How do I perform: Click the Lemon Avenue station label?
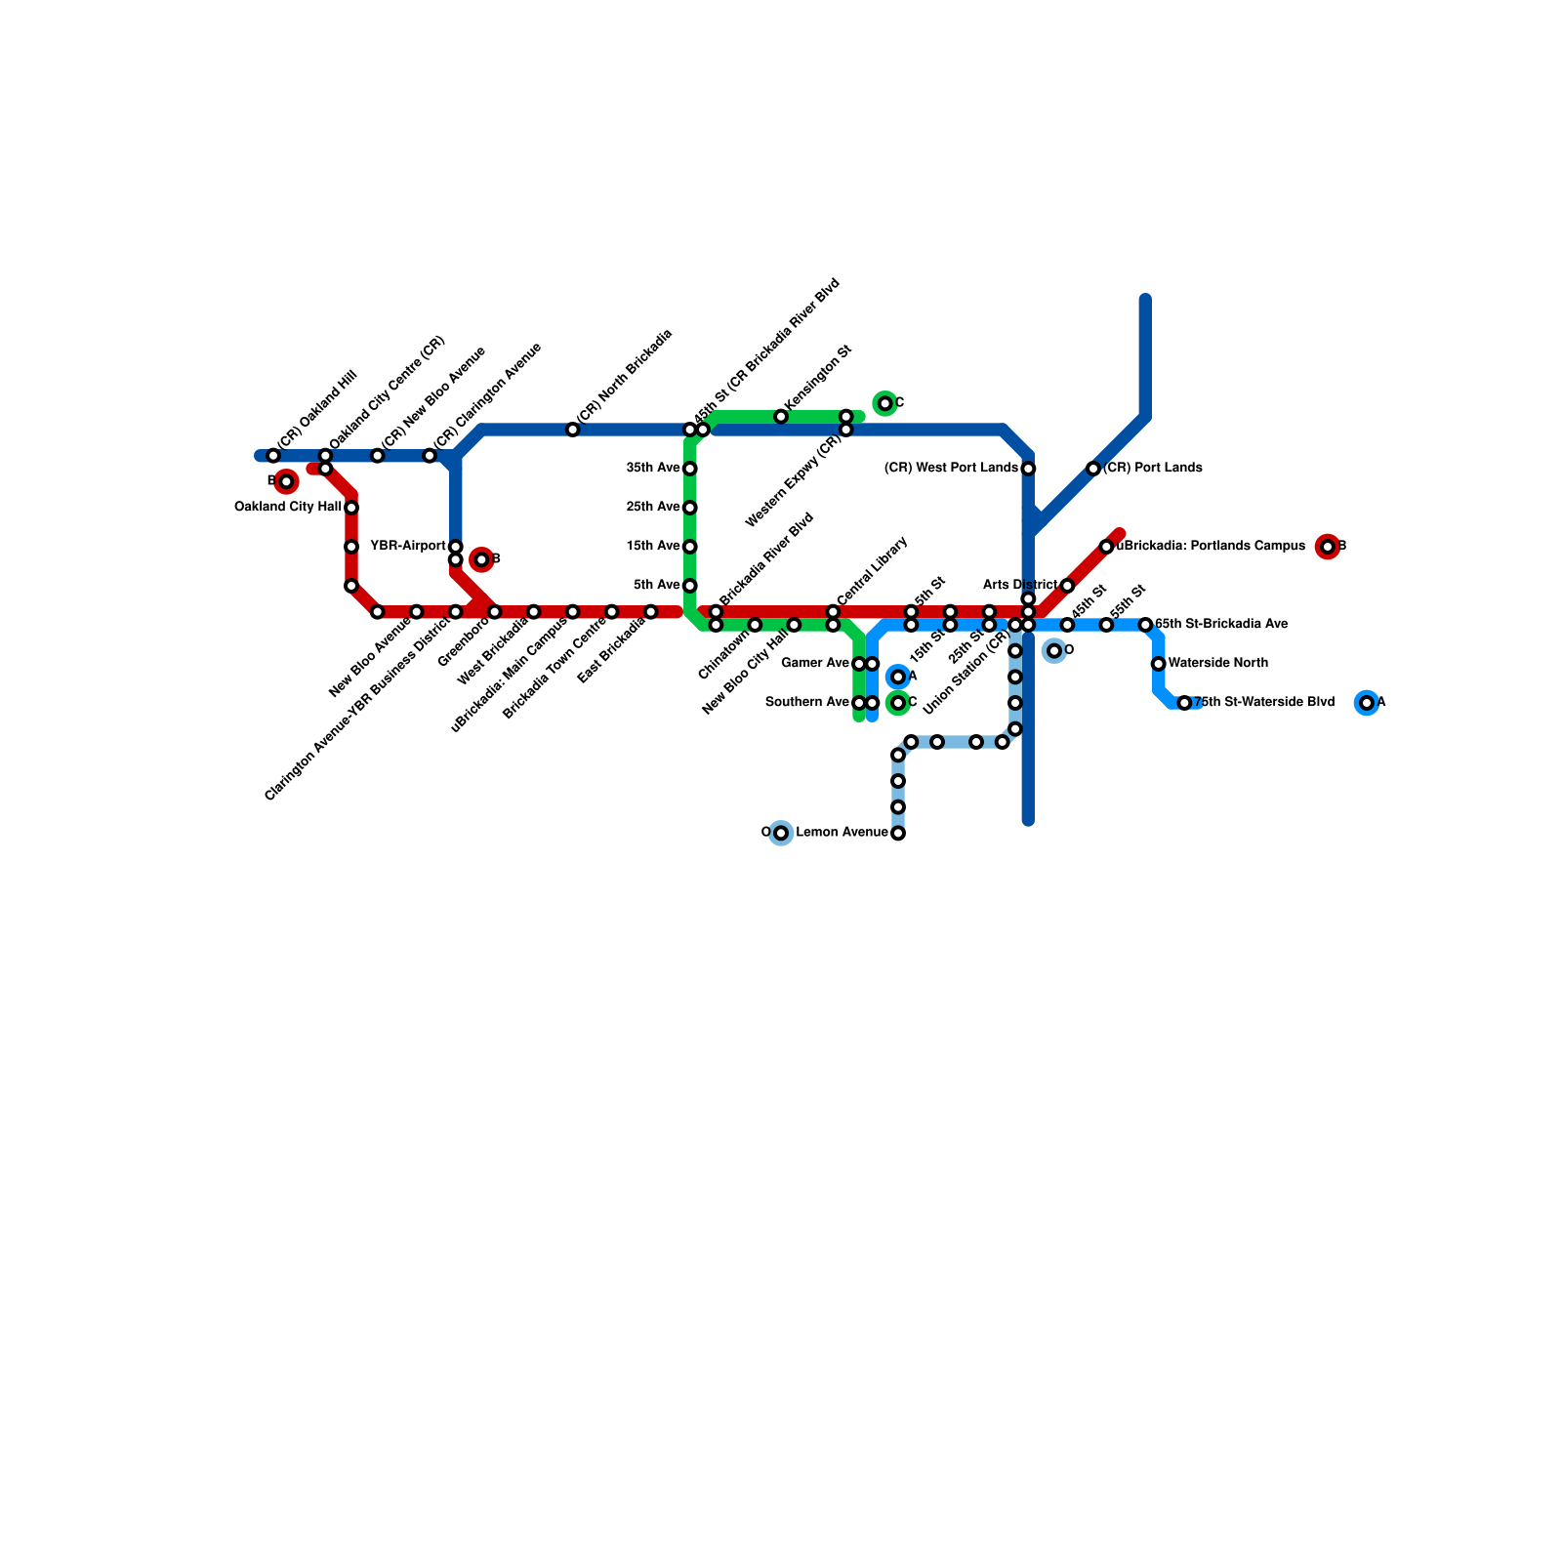pos(842,833)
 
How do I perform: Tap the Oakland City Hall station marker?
pos(351,508)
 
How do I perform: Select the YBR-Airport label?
pos(407,546)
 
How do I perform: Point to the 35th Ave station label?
pos(652,469)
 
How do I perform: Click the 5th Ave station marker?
pos(690,586)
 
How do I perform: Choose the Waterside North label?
pos(1217,664)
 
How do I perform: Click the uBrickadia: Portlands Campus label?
pos(1211,547)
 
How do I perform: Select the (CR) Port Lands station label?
pos(1152,469)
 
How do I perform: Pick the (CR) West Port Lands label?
pos(950,469)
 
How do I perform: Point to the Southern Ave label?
pos(806,703)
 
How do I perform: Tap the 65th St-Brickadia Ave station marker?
pos(1145,625)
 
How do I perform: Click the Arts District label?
pos(1019,586)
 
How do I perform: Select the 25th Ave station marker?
pos(690,508)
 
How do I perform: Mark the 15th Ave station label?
pos(652,547)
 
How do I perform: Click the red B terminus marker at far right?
pos(1327,547)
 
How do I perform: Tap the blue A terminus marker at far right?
pos(1367,703)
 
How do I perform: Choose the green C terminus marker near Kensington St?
pos(884,403)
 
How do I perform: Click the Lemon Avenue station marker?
pos(898,834)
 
